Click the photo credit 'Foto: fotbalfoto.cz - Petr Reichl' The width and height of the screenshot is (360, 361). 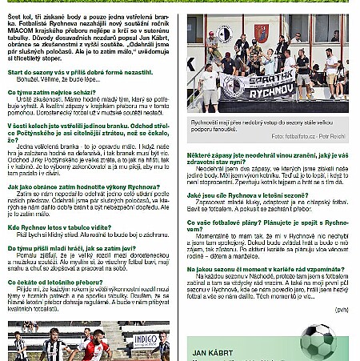click(306, 137)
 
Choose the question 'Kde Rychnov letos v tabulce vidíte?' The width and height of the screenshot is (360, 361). click(59, 227)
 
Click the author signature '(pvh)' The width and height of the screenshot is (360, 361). click(342, 309)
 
